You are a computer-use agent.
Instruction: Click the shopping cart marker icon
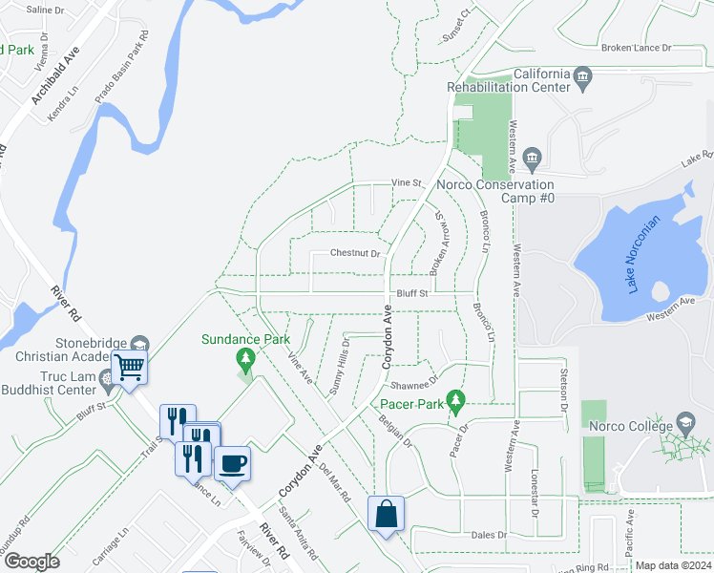[129, 366]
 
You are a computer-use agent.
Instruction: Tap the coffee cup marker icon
[232, 464]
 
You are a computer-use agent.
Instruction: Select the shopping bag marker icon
[385, 514]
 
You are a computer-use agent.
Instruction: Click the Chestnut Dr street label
[355, 253]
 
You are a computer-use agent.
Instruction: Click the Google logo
[31, 562]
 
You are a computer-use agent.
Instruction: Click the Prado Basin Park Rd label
[121, 68]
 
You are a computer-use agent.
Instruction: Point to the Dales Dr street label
[489, 535]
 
